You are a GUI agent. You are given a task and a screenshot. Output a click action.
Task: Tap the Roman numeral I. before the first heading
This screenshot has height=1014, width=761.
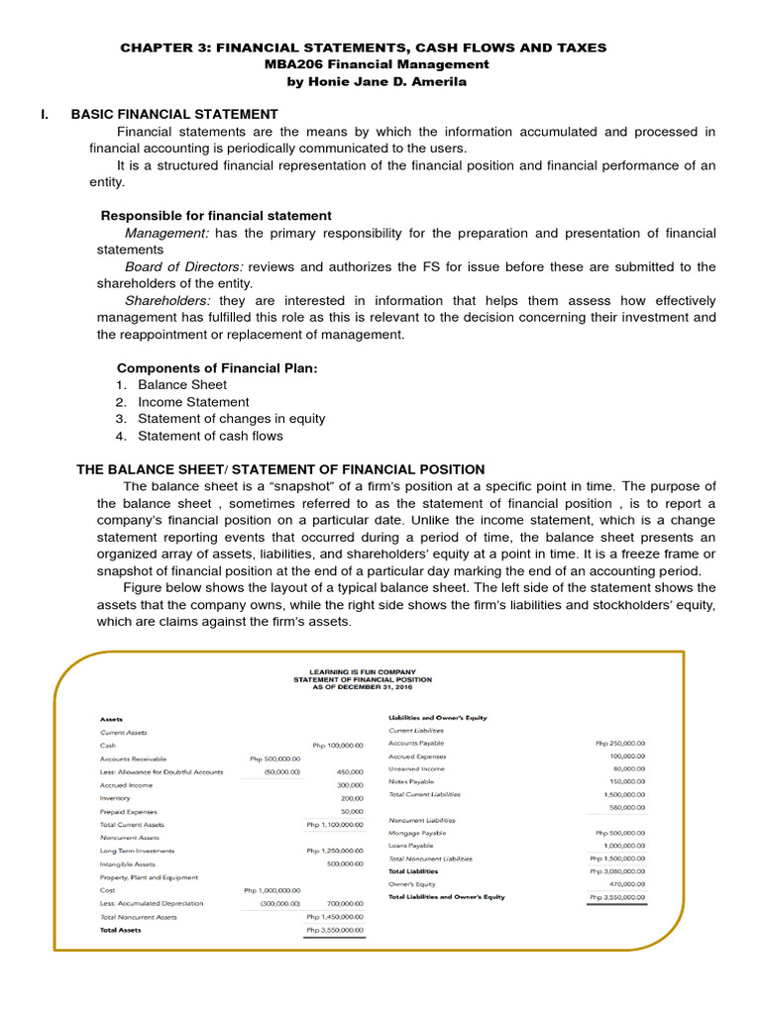pos(45,115)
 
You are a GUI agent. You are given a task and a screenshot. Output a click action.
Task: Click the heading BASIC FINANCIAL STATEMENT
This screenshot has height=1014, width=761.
pos(174,115)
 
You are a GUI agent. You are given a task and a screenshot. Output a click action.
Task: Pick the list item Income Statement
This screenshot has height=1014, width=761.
pos(193,402)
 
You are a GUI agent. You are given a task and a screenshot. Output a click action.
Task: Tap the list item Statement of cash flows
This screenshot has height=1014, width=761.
pos(210,436)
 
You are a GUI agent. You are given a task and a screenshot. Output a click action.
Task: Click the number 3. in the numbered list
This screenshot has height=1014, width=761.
pos(120,419)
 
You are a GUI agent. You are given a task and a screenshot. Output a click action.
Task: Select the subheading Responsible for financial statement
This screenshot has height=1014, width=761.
pos(216,216)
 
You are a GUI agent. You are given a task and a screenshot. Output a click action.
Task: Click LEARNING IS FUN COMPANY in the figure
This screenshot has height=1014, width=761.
pos(363,670)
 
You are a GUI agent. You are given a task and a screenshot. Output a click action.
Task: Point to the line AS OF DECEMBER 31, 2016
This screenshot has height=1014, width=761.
pos(363,686)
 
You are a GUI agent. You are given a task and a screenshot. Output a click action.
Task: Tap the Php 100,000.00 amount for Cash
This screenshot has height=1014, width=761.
pos(337,745)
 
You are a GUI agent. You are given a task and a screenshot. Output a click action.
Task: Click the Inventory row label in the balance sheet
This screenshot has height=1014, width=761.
pos(115,798)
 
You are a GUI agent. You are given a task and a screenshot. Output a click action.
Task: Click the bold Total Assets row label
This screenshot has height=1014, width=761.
pos(121,930)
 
